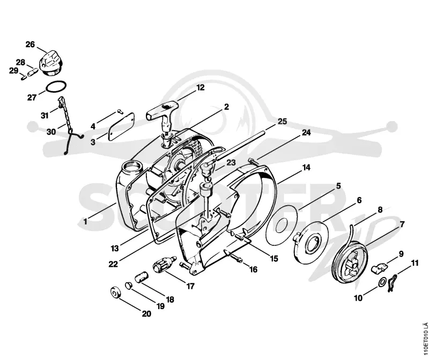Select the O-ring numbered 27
[x=56, y=87]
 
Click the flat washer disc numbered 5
[x=282, y=226]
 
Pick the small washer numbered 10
[x=382, y=282]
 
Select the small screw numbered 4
[x=120, y=111]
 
